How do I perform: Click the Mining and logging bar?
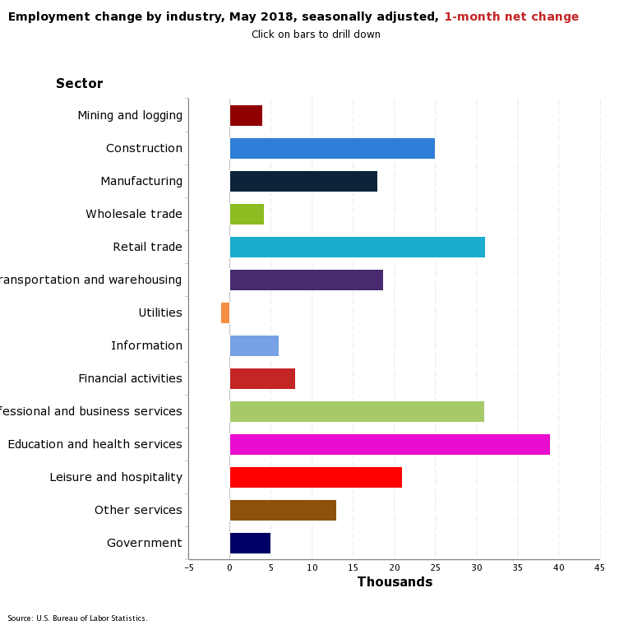point(246,116)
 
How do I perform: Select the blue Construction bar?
point(332,149)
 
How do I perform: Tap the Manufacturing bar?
point(303,182)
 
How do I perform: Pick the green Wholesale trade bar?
point(247,215)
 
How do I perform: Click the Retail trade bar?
point(357,248)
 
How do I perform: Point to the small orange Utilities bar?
point(225,313)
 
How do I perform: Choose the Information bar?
point(254,346)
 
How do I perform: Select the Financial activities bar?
point(262,379)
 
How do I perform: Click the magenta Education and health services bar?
point(390,445)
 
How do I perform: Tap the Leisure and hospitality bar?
point(316,478)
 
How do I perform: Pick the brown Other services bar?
point(283,511)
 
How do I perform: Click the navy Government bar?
point(250,544)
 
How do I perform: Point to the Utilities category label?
point(160,313)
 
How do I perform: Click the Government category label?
point(144,544)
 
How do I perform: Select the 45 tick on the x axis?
point(599,567)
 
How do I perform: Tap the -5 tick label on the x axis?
point(188,567)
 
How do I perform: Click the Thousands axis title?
point(395,582)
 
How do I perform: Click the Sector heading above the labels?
point(80,84)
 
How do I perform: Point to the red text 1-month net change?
point(511,17)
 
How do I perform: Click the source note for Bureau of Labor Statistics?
point(77,618)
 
